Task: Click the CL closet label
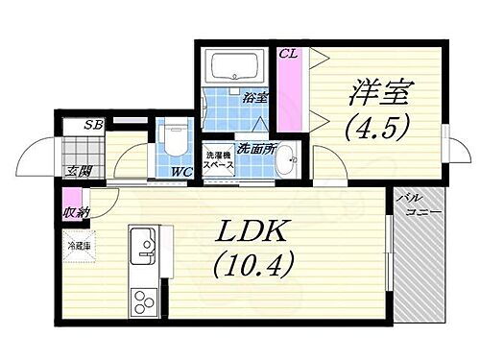coord(288,55)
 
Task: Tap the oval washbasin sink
coord(283,166)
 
